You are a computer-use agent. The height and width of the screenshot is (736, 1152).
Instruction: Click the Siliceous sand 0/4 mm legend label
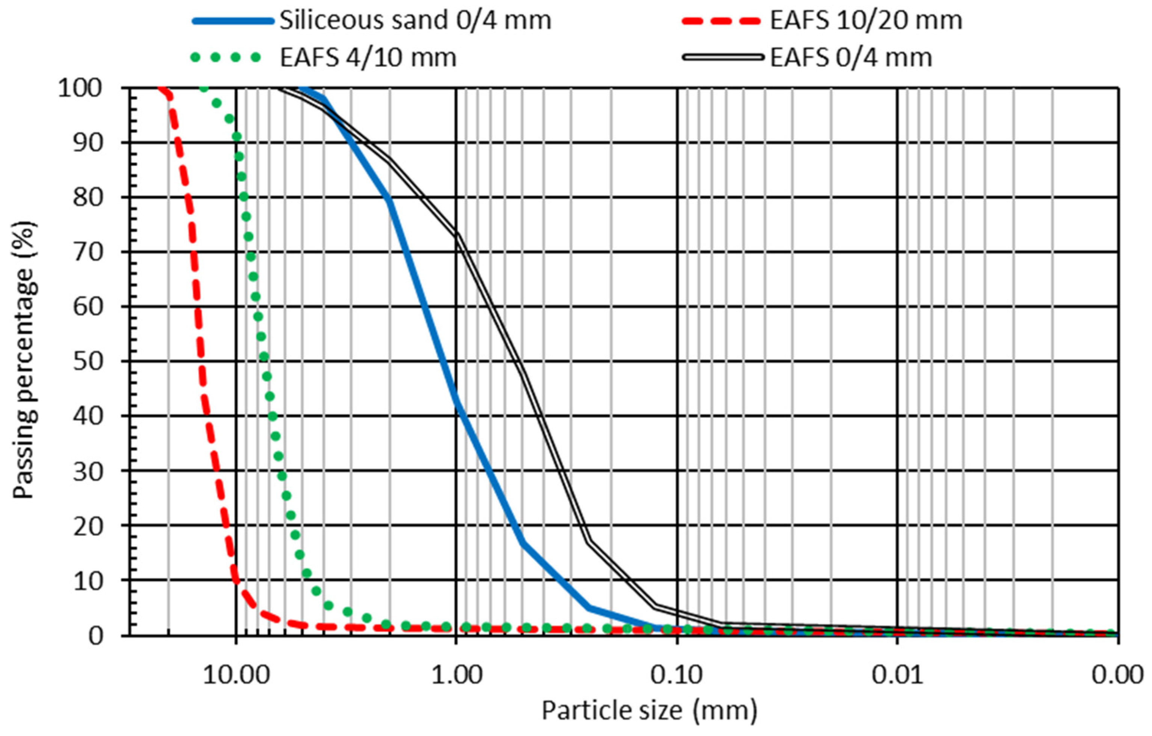click(415, 21)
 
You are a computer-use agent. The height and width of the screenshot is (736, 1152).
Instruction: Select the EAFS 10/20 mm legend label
click(866, 21)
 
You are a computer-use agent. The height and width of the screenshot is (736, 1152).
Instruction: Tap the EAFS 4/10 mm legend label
click(368, 58)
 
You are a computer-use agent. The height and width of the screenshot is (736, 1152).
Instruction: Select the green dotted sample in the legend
click(226, 58)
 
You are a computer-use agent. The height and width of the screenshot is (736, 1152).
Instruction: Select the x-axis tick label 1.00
click(456, 675)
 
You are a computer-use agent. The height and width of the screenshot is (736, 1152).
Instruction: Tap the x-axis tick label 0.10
click(677, 675)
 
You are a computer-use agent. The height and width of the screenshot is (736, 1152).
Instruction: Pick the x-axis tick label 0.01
click(897, 675)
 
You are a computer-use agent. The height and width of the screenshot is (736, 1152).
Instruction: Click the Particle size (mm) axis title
click(649, 710)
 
